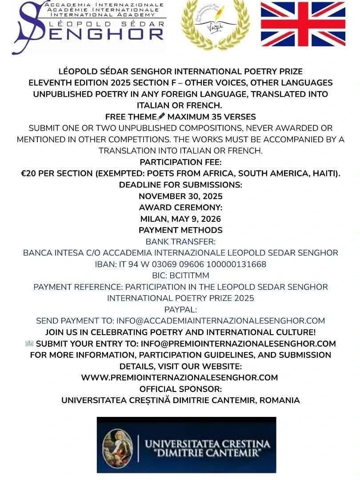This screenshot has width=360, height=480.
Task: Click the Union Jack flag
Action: click(303, 24)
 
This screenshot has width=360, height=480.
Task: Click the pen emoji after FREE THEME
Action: click(161, 117)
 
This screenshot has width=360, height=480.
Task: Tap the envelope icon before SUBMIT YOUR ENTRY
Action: click(29, 344)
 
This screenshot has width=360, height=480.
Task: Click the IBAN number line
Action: click(180, 264)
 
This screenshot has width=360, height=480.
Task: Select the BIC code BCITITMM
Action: click(180, 275)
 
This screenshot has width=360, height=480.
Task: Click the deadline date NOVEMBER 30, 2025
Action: click(180, 196)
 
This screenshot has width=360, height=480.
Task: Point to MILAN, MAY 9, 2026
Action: click(180, 219)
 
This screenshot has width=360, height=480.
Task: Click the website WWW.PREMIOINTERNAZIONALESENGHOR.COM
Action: click(180, 377)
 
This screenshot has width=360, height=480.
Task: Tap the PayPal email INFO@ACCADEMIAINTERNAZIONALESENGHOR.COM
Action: click(220, 320)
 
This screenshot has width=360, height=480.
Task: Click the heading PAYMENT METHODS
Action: click(180, 230)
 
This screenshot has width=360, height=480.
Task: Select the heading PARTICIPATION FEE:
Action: click(180, 162)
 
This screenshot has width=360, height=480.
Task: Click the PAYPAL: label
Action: click(180, 309)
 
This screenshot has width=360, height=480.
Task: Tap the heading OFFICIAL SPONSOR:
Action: click(180, 389)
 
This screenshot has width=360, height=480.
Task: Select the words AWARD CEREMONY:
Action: click(180, 208)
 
